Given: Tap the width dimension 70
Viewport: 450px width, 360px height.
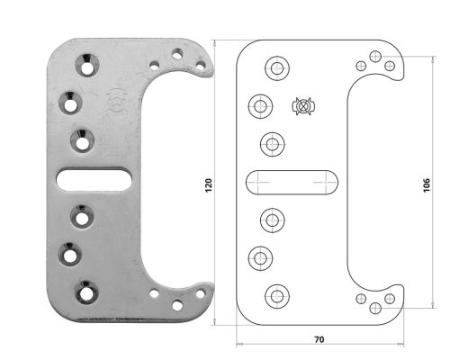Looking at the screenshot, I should [319, 340].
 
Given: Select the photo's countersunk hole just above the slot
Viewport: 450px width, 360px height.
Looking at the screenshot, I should [83, 139].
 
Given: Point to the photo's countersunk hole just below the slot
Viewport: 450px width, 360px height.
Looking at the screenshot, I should [83, 216].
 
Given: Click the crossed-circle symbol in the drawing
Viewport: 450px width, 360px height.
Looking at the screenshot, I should [303, 106].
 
